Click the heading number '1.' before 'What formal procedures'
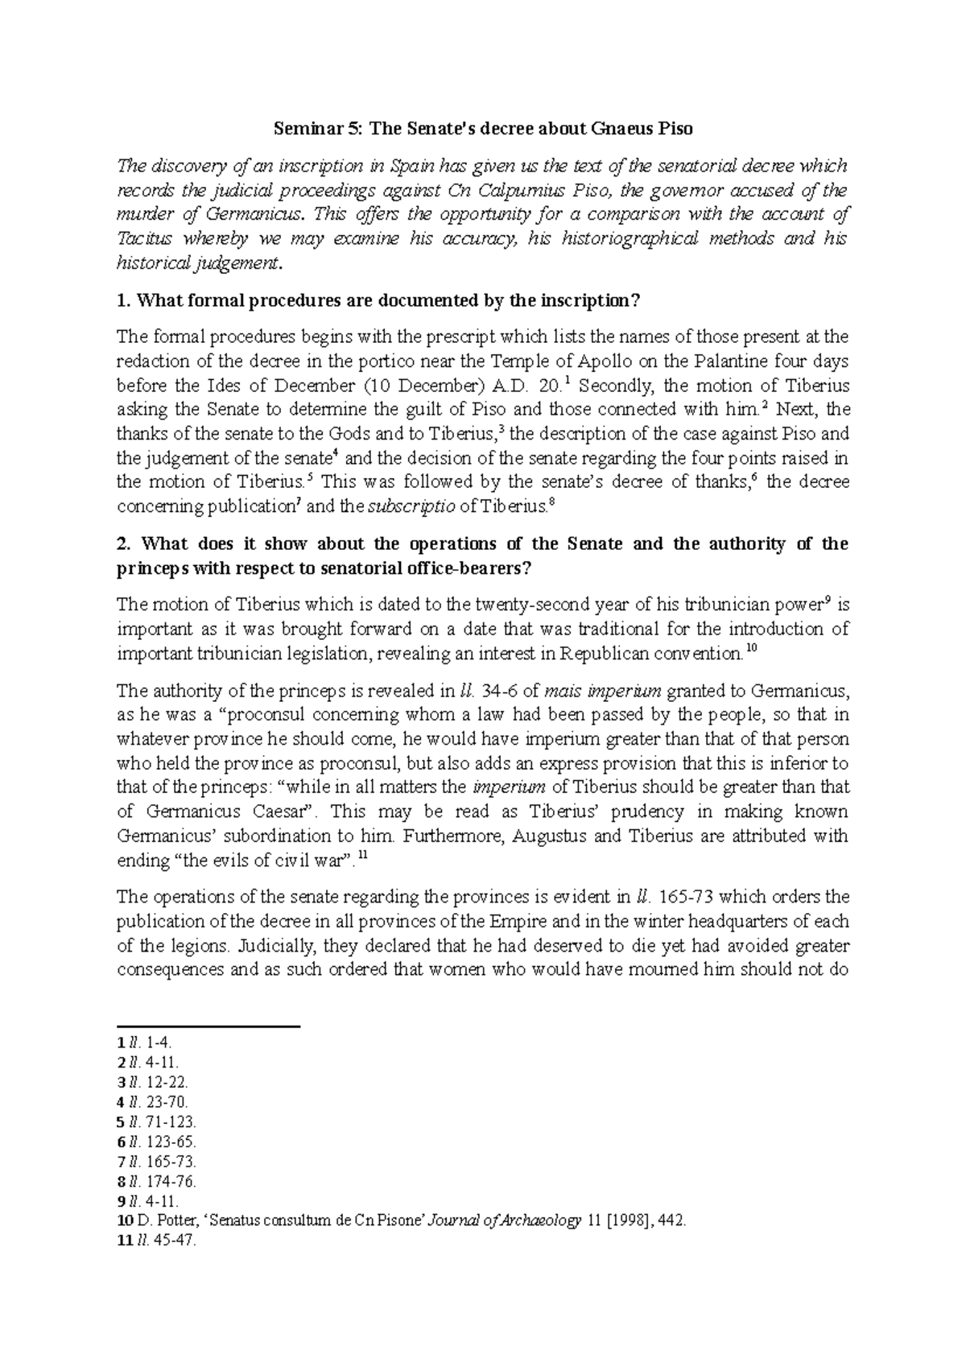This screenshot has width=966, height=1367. [123, 301]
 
